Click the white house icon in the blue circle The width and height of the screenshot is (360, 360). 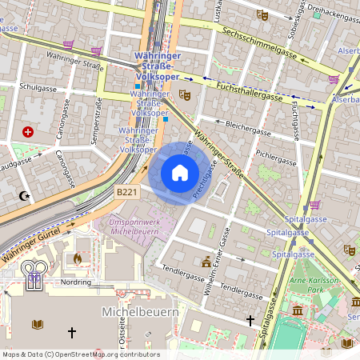(180, 172)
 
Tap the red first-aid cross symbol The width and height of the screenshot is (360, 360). (30, 131)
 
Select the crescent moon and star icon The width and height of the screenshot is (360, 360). (24, 196)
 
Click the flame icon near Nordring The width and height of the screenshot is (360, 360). (78, 258)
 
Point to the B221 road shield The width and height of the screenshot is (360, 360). (126, 192)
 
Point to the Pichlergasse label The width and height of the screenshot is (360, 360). (274, 150)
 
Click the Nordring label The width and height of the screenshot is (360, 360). (76, 282)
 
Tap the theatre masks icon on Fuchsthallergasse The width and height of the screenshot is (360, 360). (185, 95)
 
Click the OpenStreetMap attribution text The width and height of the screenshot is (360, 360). (80, 354)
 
